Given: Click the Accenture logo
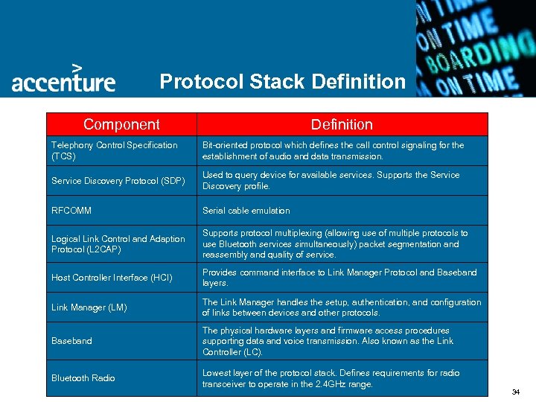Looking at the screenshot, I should pyautogui.click(x=63, y=80).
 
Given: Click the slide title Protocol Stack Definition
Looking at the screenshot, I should pyautogui.click(x=283, y=80).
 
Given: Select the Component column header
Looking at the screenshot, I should pyautogui.click(x=121, y=124).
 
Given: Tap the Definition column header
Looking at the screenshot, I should pyautogui.click(x=342, y=124).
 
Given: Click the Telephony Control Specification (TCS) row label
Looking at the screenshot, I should pyautogui.click(x=114, y=150).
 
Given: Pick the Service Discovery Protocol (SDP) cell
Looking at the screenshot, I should pyautogui.click(x=118, y=181).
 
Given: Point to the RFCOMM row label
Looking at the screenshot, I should pyautogui.click(x=71, y=211).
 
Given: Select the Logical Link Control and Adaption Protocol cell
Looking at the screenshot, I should pyautogui.click(x=118, y=243).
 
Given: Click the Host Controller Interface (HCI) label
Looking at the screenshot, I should pyautogui.click(x=111, y=278).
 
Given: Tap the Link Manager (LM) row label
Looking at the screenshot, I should pyautogui.click(x=83, y=307).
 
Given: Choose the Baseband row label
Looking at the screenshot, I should pyautogui.click(x=71, y=341).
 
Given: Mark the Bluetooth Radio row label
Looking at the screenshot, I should pyautogui.click(x=83, y=378).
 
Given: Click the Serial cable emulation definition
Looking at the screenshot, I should pyautogui.click(x=246, y=211).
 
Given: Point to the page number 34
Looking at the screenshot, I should pyautogui.click(x=516, y=392).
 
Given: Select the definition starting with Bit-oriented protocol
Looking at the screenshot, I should pyautogui.click(x=333, y=150).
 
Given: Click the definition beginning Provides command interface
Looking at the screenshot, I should pyautogui.click(x=339, y=278).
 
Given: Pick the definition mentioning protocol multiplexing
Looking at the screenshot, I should pyautogui.click(x=335, y=243).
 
